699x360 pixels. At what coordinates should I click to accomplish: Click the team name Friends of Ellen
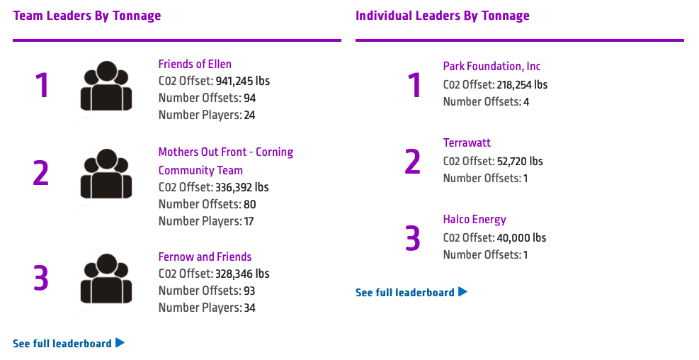[195, 64]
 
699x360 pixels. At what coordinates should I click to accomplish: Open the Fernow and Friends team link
[205, 257]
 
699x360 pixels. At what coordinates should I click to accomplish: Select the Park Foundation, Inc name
[491, 67]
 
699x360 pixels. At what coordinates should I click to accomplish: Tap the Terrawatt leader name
[467, 143]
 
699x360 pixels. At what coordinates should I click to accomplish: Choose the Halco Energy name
[474, 220]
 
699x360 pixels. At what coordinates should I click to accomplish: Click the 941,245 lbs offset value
[242, 81]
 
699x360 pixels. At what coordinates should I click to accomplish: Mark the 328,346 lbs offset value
[242, 274]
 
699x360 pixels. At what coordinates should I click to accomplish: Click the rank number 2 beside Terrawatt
[413, 162]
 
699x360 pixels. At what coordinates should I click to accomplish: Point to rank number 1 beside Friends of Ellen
[42, 86]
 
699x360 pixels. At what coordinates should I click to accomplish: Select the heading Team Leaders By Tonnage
[87, 16]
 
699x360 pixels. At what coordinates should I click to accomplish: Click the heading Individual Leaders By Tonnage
[443, 16]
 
